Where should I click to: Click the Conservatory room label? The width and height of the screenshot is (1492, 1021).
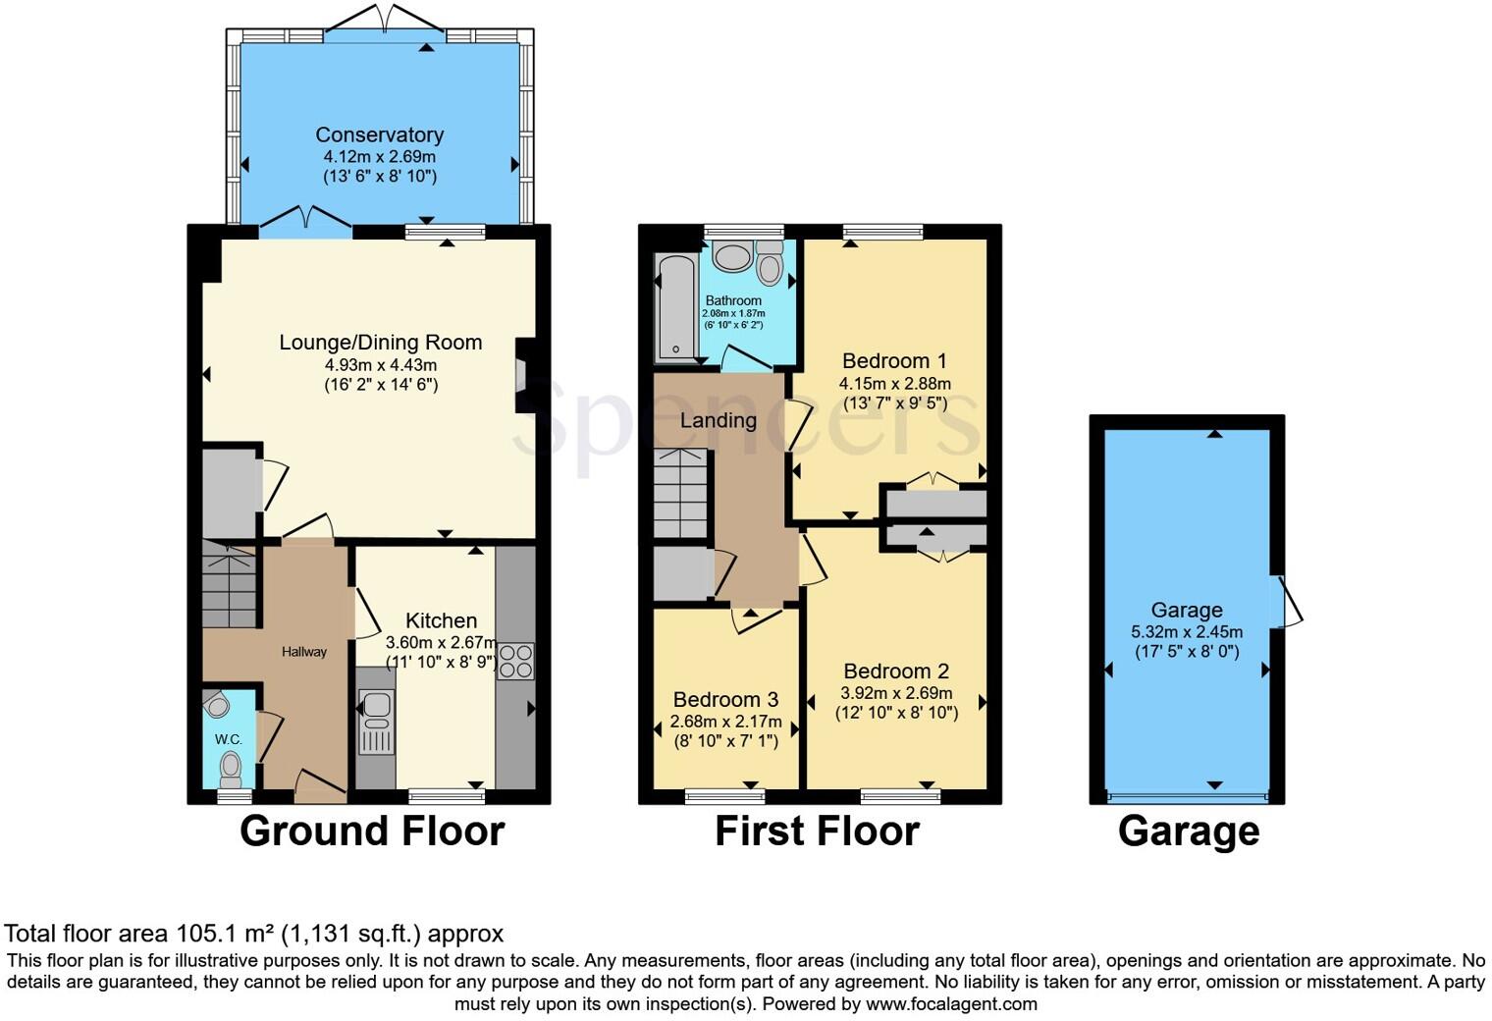point(379,135)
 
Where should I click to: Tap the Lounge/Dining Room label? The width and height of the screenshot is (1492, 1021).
point(380,343)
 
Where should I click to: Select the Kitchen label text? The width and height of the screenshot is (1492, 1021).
point(441,620)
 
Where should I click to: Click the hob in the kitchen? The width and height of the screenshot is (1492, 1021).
point(515,661)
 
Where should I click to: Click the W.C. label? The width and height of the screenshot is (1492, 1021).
point(229,739)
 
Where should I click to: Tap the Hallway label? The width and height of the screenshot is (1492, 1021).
point(304,652)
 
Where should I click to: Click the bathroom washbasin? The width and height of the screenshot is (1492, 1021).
point(731,258)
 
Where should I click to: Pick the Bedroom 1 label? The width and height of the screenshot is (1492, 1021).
point(894,361)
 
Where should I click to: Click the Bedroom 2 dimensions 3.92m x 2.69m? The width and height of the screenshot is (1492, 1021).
point(896,692)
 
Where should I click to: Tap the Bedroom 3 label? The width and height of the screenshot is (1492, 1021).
point(725,700)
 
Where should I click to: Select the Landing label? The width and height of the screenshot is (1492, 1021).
point(719,421)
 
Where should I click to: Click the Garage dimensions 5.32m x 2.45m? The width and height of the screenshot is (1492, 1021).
point(1187,632)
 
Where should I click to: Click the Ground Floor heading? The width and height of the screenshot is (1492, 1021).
point(372,832)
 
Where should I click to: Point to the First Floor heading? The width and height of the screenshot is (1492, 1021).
point(817,832)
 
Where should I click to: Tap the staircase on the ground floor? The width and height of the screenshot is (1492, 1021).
point(230,588)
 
